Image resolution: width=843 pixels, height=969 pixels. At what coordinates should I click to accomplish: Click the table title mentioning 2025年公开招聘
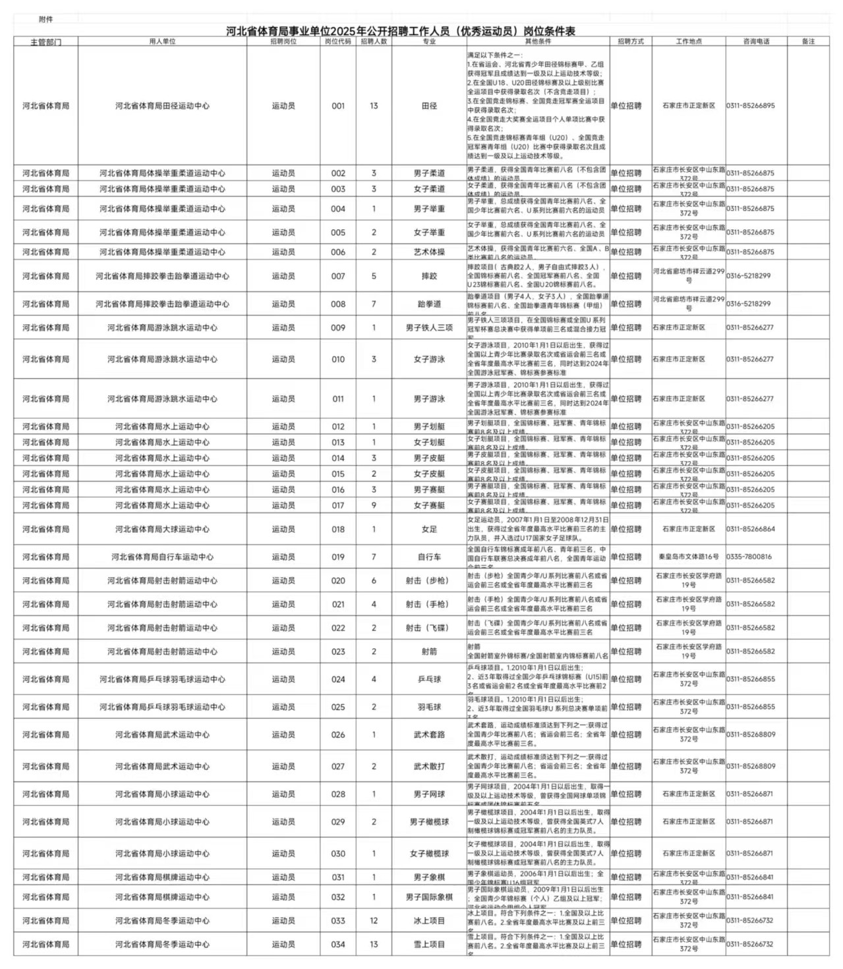pyautogui.click(x=400, y=31)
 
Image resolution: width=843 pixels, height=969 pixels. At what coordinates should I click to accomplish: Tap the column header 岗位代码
pyautogui.click(x=338, y=42)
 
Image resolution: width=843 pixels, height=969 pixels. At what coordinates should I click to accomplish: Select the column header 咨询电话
pyautogui.click(x=756, y=42)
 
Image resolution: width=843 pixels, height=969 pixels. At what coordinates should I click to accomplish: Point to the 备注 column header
pyautogui.click(x=808, y=42)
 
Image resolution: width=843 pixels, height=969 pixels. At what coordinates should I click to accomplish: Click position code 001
pyautogui.click(x=338, y=105)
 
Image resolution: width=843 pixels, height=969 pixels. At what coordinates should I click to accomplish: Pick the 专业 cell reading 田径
pyautogui.click(x=429, y=105)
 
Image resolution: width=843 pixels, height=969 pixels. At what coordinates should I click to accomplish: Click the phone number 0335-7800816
pyautogui.click(x=749, y=557)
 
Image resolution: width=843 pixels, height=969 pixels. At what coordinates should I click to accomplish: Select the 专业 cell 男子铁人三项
pyautogui.click(x=429, y=327)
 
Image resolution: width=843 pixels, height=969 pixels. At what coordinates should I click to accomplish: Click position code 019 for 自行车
pyautogui.click(x=338, y=557)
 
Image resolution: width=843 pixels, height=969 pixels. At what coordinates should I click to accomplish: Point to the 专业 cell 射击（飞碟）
pyautogui.click(x=429, y=628)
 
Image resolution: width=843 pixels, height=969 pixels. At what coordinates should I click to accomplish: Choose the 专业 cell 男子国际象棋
pyautogui.click(x=429, y=897)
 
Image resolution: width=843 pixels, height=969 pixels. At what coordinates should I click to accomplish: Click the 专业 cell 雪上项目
pyautogui.click(x=429, y=944)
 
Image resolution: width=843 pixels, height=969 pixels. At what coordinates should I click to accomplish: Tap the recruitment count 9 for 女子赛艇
pyautogui.click(x=374, y=505)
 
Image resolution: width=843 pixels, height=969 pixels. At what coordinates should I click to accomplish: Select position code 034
pyautogui.click(x=338, y=944)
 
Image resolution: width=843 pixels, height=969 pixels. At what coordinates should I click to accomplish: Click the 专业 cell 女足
pyautogui.click(x=429, y=529)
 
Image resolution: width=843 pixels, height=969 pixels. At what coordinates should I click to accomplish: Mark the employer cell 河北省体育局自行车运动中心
pyautogui.click(x=162, y=557)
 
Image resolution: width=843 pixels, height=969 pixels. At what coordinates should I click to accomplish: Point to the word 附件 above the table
pyautogui.click(x=46, y=20)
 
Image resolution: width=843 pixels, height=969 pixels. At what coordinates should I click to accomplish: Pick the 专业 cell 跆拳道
pyautogui.click(x=429, y=304)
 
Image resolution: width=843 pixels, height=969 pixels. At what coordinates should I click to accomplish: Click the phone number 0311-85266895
pyautogui.click(x=751, y=105)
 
